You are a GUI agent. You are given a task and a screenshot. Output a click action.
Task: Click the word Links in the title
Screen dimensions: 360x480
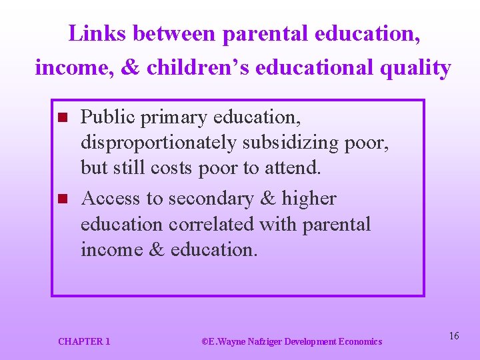click(x=91, y=33)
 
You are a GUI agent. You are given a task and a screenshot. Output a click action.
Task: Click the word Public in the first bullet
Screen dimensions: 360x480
click(x=102, y=117)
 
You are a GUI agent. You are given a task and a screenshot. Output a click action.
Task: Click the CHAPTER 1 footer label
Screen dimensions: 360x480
click(x=84, y=341)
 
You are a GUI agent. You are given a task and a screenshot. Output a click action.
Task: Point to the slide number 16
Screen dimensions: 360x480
click(x=454, y=336)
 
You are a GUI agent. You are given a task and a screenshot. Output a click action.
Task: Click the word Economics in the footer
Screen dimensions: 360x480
click(x=360, y=341)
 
